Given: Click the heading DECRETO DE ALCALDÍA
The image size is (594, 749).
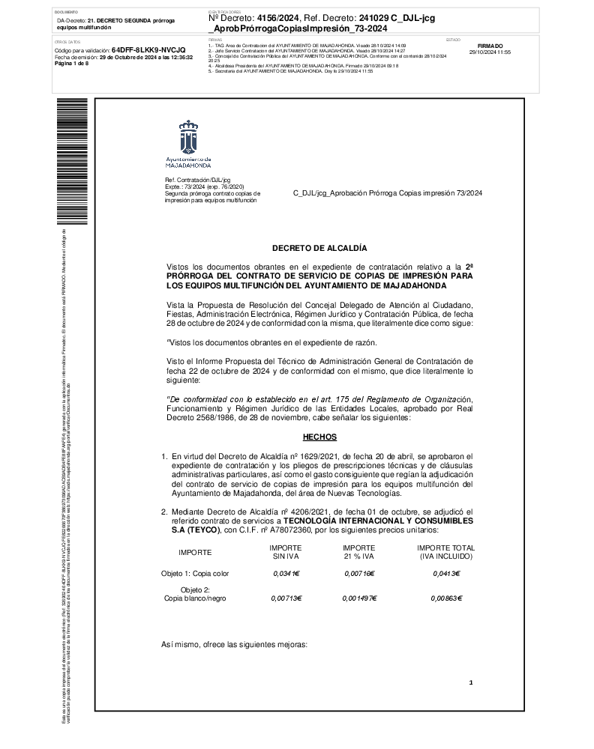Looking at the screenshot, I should [x=319, y=247].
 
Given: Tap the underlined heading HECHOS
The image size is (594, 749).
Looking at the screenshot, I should [x=319, y=437].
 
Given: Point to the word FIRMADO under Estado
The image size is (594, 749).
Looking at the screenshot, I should [x=490, y=46].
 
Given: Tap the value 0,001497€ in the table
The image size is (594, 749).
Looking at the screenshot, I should [x=359, y=598].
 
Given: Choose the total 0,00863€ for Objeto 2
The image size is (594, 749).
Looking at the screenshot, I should [x=446, y=598].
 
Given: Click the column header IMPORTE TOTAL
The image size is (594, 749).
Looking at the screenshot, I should [x=446, y=548].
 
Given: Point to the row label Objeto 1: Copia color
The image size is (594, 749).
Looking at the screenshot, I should [x=194, y=573].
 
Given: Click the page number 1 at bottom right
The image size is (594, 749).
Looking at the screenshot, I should [x=470, y=683].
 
